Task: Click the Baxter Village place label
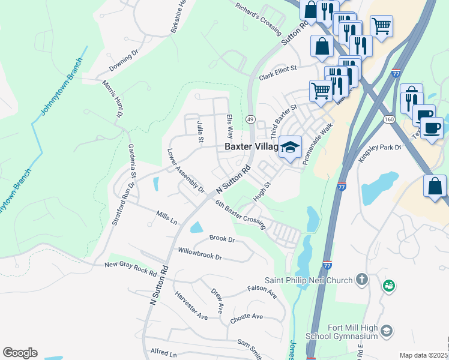click(251, 146)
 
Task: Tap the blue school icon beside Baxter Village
click(290, 147)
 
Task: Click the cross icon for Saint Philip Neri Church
click(361, 279)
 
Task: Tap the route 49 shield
click(250, 119)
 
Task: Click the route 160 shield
click(389, 120)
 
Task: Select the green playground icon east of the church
click(390, 286)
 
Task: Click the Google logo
click(20, 353)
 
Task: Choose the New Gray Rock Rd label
click(130, 268)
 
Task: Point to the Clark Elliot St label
click(278, 73)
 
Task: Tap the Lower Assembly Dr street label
click(185, 172)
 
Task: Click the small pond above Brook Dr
click(196, 227)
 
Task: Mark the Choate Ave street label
click(246, 317)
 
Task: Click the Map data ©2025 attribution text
click(423, 355)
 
